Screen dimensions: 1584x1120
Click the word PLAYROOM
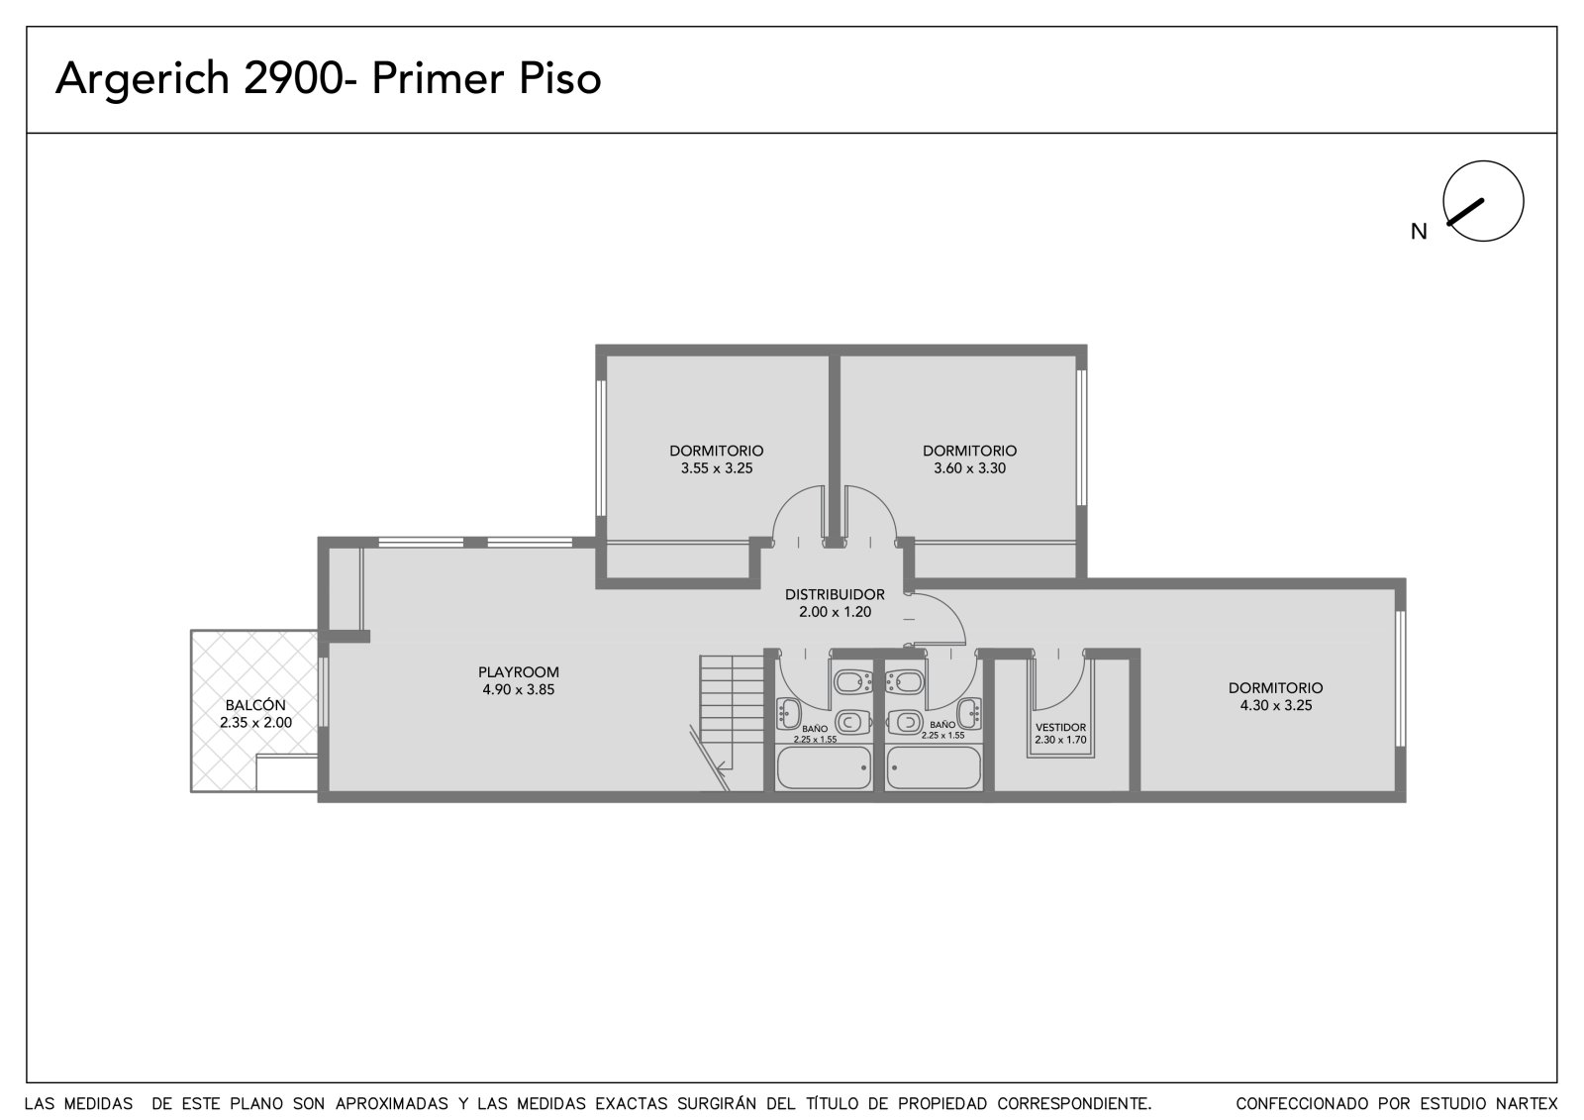(x=519, y=672)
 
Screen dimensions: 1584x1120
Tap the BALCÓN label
(x=255, y=705)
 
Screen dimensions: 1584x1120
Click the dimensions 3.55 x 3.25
(x=717, y=467)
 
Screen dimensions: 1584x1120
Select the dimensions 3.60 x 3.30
(x=969, y=467)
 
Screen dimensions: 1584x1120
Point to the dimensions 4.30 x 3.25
(x=1276, y=705)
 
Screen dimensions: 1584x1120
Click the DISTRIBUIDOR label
(x=835, y=594)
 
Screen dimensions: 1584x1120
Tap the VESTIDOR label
(x=1060, y=727)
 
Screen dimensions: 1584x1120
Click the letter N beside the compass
(x=1419, y=232)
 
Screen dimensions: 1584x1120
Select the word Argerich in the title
(x=143, y=79)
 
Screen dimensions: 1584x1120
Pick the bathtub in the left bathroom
(x=824, y=767)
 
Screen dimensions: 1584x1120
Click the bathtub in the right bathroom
(x=934, y=767)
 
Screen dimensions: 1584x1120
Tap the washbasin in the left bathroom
(x=788, y=713)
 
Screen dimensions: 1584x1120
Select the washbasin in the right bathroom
(x=969, y=713)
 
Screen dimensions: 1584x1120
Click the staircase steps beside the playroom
(x=732, y=712)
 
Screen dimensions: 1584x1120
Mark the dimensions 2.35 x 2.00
(x=255, y=722)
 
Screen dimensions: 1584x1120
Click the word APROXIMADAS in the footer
(x=392, y=1104)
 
